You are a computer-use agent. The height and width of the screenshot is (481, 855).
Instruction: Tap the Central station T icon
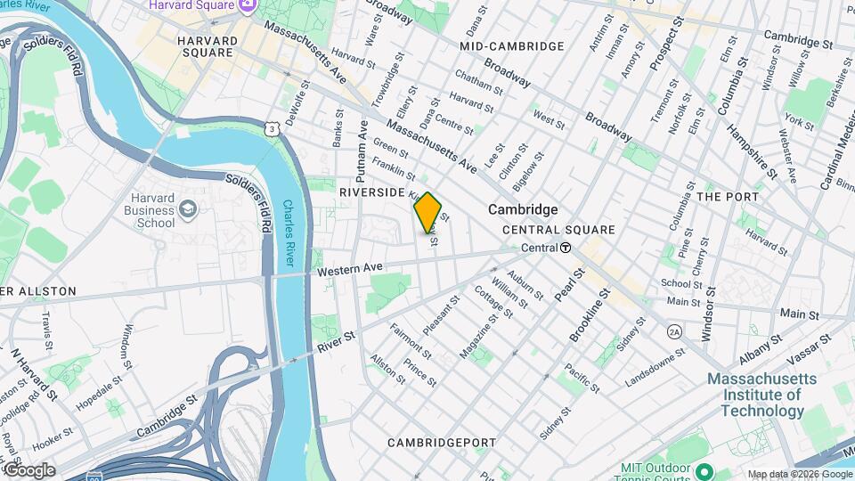pyautogui.click(x=566, y=248)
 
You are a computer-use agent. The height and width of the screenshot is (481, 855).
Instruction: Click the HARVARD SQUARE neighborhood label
pyautogui.click(x=208, y=46)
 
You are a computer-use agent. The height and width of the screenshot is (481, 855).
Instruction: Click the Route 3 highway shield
pyautogui.click(x=270, y=130)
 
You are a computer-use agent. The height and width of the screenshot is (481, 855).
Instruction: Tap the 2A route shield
pyautogui.click(x=674, y=331)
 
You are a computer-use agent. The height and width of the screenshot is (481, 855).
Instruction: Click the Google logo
pyautogui.click(x=29, y=470)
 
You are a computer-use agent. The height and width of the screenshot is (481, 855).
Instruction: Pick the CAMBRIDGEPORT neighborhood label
pyautogui.click(x=439, y=443)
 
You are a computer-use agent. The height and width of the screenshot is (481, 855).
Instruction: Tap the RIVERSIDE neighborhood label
pyautogui.click(x=372, y=192)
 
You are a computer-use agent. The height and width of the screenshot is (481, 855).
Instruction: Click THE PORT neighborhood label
pyautogui.click(x=728, y=197)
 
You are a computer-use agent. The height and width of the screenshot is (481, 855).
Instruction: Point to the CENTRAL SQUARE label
pyautogui.click(x=558, y=230)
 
